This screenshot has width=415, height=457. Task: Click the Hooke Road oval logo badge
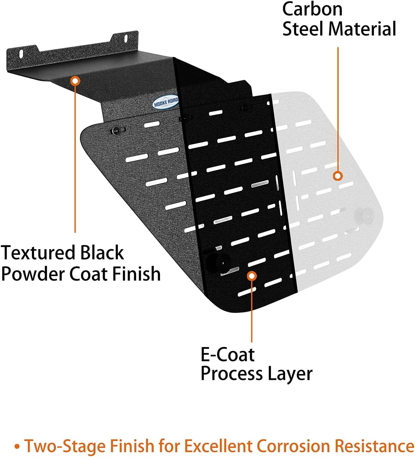166,102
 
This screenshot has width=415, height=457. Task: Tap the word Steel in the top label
302,29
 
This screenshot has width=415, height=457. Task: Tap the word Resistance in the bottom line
374,446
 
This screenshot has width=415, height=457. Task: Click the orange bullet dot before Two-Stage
17,446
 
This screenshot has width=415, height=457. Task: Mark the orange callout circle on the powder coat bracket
76,81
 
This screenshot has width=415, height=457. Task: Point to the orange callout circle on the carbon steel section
338,176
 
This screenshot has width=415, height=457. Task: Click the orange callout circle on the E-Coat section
252,276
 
